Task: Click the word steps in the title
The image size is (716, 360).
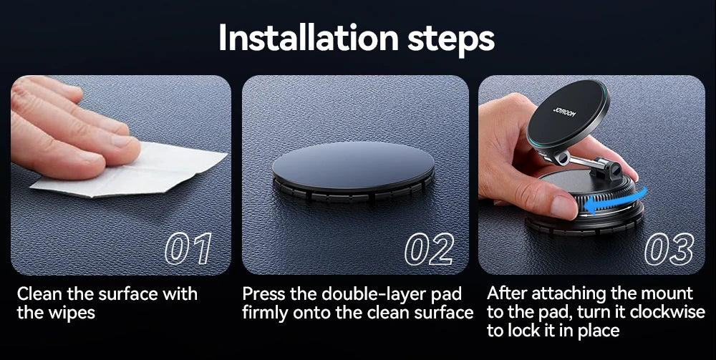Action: (450, 40)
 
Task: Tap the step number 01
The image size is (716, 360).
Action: (188, 249)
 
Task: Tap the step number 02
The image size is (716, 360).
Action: (430, 249)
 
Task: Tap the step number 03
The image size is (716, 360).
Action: (669, 249)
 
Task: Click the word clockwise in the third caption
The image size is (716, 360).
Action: (667, 312)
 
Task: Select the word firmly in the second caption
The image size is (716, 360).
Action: (265, 313)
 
